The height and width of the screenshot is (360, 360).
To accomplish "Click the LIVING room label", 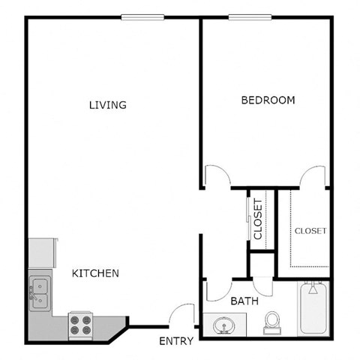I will [x=107, y=105].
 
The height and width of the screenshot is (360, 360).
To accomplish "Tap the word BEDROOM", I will [x=268, y=100].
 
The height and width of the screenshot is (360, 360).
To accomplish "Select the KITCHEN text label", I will [x=95, y=274].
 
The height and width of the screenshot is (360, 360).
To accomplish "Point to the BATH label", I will [x=244, y=301].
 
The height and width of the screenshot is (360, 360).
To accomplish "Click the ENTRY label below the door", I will [x=177, y=341].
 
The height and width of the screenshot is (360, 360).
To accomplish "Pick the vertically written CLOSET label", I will [x=259, y=218].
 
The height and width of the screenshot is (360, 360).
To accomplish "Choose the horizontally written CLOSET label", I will [x=310, y=231].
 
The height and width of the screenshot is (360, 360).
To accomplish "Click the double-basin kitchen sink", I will [x=39, y=293].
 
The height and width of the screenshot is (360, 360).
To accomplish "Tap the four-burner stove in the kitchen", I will [x=81, y=324].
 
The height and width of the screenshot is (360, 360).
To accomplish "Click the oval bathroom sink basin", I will [x=223, y=326].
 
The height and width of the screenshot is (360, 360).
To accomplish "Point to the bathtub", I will [x=312, y=309].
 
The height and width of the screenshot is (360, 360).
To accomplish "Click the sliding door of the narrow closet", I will [x=249, y=217].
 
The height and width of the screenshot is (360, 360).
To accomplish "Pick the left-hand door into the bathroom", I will [x=213, y=289].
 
